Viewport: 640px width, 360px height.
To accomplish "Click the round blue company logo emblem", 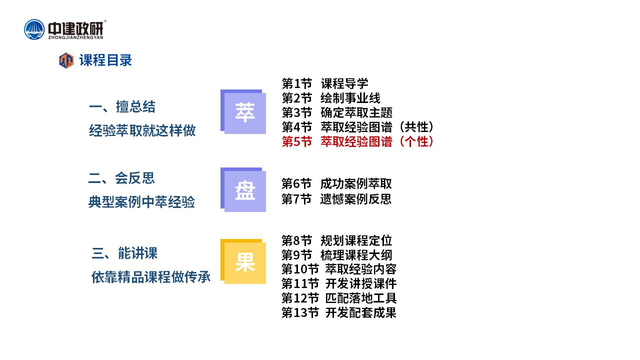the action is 34,29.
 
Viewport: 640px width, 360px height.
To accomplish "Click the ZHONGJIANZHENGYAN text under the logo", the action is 75,37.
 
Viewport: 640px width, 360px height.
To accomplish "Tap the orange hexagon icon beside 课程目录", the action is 66,60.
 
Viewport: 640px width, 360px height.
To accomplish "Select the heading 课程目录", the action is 105,60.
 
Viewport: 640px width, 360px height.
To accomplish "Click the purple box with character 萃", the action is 243,111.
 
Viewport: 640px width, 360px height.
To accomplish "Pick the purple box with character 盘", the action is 243,189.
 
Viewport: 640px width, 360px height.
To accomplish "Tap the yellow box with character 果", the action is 243,261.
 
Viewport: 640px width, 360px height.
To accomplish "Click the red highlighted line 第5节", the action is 357,141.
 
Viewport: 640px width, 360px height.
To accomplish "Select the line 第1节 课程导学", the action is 325,83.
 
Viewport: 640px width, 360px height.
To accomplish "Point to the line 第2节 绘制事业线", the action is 331,98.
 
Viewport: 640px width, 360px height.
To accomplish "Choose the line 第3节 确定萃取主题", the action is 337,112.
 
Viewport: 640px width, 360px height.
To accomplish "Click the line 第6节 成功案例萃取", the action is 336,183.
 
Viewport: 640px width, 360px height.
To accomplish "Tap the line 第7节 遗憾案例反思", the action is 336,199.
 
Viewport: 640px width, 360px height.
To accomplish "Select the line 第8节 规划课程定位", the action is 336,240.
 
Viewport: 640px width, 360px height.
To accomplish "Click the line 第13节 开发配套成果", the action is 339,312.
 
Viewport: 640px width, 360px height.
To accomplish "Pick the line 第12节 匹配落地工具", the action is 339,298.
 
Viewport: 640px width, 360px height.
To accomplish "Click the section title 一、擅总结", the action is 122,107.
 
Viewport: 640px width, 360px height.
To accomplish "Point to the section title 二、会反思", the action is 121,178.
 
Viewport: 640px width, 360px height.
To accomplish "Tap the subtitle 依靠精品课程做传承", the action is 151,277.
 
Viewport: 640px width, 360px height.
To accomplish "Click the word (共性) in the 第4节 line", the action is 416,127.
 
